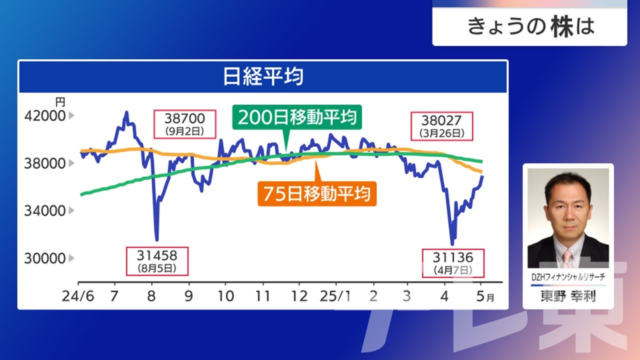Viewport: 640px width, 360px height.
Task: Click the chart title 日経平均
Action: coord(263,76)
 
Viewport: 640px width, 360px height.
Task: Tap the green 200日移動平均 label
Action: coord(297,117)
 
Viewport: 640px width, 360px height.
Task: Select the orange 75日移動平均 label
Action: coord(317,193)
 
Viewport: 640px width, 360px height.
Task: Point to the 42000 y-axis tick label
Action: coord(45,116)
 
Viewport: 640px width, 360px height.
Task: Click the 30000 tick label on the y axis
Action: coord(45,258)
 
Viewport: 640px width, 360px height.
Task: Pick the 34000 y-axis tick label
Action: coord(45,211)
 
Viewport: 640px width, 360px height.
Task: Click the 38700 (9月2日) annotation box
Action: coord(185,124)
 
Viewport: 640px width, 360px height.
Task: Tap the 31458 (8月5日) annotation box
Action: coord(157,261)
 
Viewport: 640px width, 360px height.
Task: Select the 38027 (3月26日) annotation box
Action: coord(441,126)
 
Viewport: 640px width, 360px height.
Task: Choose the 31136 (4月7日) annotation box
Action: coord(453,263)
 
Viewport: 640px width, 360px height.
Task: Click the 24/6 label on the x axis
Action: coord(77,296)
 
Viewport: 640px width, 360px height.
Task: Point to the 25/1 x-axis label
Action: coord(335,296)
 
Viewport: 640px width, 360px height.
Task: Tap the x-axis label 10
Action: coord(225,296)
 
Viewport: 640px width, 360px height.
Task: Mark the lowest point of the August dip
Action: coord(156,239)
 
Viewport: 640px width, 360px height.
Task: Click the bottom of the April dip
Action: coord(452,244)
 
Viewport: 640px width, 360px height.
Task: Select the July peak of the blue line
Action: coord(126,112)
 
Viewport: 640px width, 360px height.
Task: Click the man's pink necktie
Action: coord(567,259)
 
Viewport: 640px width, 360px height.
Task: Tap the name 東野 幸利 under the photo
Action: coord(568,296)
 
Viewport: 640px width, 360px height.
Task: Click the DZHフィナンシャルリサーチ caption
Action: coord(568,277)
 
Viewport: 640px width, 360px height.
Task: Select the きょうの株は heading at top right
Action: coord(531,27)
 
